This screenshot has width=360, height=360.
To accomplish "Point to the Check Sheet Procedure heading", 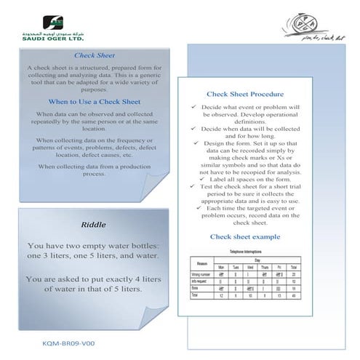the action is (x=245, y=95).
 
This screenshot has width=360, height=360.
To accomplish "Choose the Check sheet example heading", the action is (x=245, y=236).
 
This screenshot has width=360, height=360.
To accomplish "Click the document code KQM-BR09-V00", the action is (x=69, y=342).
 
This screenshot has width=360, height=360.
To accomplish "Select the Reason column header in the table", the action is (x=204, y=263).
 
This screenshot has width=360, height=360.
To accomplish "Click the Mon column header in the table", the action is (x=221, y=268).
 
